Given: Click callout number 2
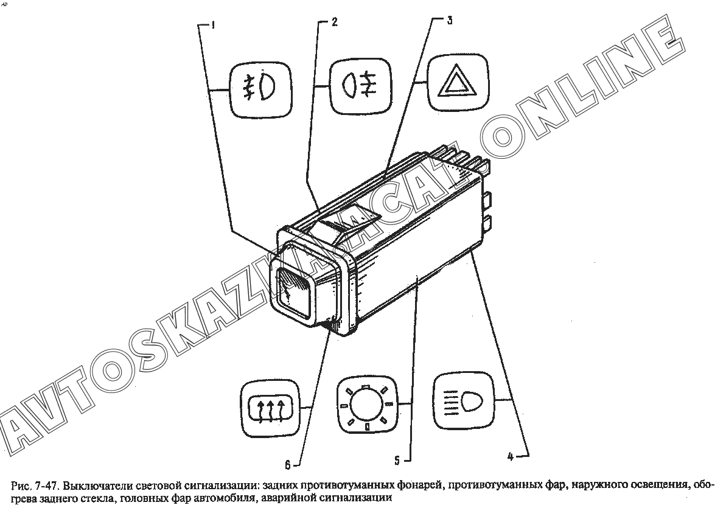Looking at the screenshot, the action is coord(334,22).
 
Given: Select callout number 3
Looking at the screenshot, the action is coord(450,20).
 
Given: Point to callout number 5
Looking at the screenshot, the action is coord(397,461).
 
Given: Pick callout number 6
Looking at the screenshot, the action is coord(287,464).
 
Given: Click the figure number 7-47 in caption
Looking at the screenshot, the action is coord(46,486).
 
